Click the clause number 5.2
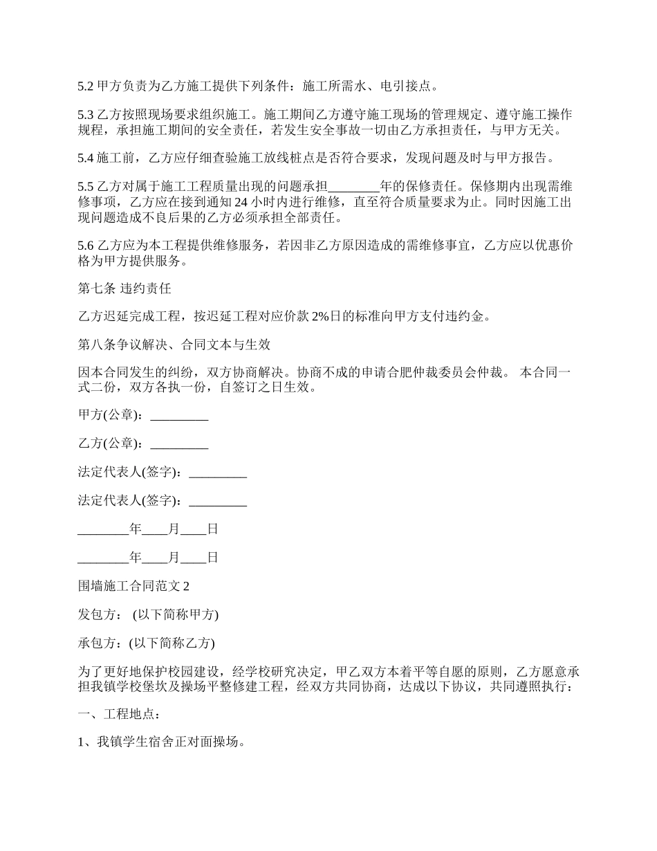(85, 86)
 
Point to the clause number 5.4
(85, 158)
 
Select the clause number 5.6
(85, 246)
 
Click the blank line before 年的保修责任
(353, 186)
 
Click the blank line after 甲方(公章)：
(179, 416)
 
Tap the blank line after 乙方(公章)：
(179, 443)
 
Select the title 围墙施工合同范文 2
(133, 586)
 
